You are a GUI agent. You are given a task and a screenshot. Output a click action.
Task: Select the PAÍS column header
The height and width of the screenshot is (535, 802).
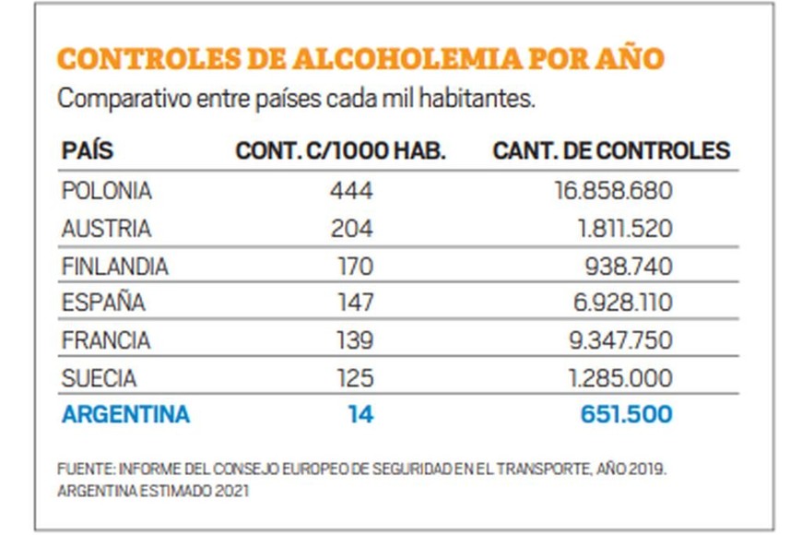pyautogui.click(x=88, y=151)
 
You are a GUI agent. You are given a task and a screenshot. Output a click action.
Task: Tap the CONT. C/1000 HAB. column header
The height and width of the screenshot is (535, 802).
pyautogui.click(x=340, y=151)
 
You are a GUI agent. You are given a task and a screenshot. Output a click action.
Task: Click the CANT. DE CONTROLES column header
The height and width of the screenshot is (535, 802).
pyautogui.click(x=611, y=151)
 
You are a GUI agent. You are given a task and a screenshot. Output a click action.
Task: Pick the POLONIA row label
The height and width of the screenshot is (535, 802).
pyautogui.click(x=106, y=191)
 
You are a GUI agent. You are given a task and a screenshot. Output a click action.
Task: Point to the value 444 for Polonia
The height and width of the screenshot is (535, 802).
pyautogui.click(x=351, y=191)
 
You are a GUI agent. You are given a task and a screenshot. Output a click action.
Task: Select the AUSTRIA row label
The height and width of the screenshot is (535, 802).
pyautogui.click(x=106, y=229)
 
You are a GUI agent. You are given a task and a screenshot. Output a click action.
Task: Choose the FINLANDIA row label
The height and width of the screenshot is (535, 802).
pyautogui.click(x=115, y=267)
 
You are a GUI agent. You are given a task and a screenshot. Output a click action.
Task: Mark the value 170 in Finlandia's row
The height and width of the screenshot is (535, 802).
pyautogui.click(x=355, y=267)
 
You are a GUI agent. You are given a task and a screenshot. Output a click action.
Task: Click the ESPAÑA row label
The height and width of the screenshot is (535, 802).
pyautogui.click(x=103, y=303)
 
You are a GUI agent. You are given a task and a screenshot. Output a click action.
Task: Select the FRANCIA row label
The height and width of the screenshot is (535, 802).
pyautogui.click(x=106, y=340)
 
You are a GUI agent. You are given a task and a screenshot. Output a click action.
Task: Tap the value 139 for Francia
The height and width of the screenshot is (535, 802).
pyautogui.click(x=355, y=340)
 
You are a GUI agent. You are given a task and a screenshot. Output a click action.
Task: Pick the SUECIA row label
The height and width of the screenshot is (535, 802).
pyautogui.click(x=99, y=378)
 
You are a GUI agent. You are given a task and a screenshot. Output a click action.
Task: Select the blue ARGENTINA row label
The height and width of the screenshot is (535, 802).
pyautogui.click(x=125, y=415)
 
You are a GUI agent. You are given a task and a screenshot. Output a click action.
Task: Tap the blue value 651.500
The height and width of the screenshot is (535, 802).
pyautogui.click(x=626, y=415)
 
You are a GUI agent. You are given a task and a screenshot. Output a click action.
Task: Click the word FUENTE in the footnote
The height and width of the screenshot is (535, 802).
pyautogui.click(x=78, y=469)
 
